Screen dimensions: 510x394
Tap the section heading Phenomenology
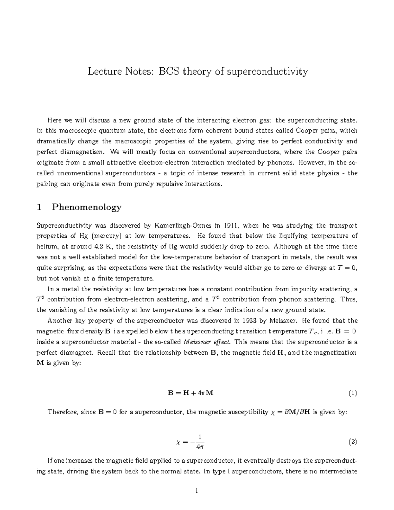[87, 207]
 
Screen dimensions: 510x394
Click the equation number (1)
[353, 393]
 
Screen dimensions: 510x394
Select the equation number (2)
[353, 442]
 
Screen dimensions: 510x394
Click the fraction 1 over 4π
[200, 442]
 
